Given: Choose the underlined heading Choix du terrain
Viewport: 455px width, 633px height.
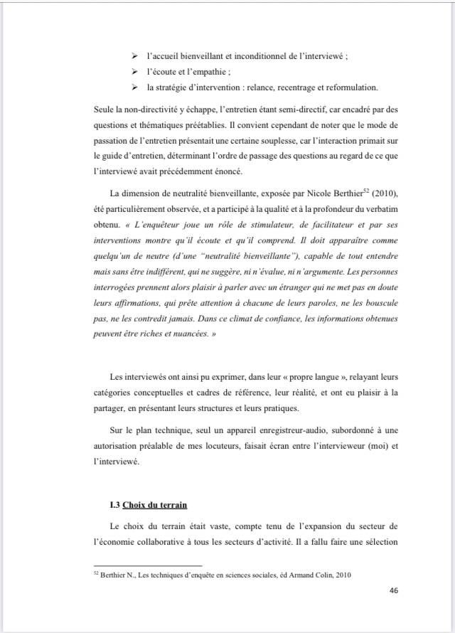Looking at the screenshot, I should [155, 505].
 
